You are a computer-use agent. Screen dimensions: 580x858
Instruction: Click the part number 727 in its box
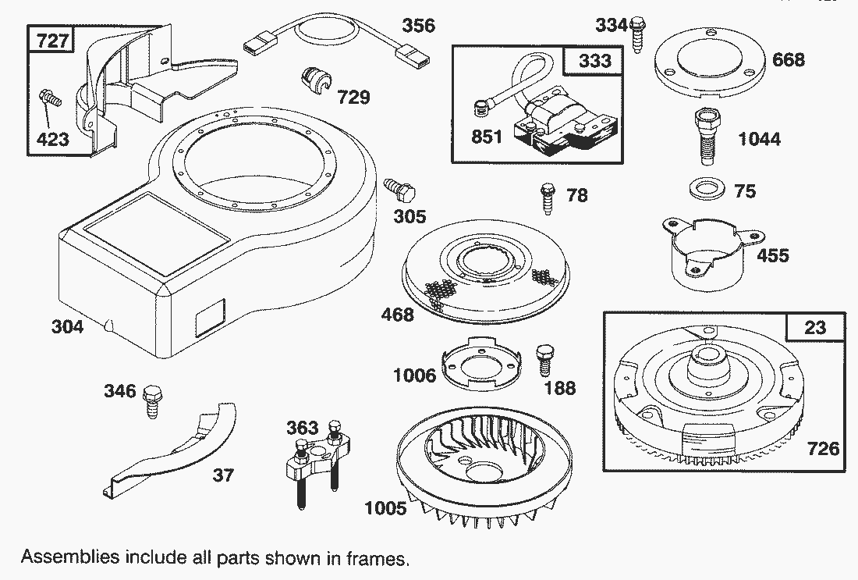point(52,41)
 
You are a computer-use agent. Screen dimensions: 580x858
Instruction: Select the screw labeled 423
point(49,101)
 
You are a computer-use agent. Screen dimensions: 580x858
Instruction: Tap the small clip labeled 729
point(314,80)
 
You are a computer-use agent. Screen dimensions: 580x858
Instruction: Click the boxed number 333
point(595,61)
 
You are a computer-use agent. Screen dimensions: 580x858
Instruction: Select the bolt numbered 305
point(400,190)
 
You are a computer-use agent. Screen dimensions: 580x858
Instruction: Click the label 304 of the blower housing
point(67,326)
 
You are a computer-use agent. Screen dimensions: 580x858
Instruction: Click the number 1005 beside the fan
point(385,508)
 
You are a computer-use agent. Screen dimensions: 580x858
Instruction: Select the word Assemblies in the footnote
point(69,558)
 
